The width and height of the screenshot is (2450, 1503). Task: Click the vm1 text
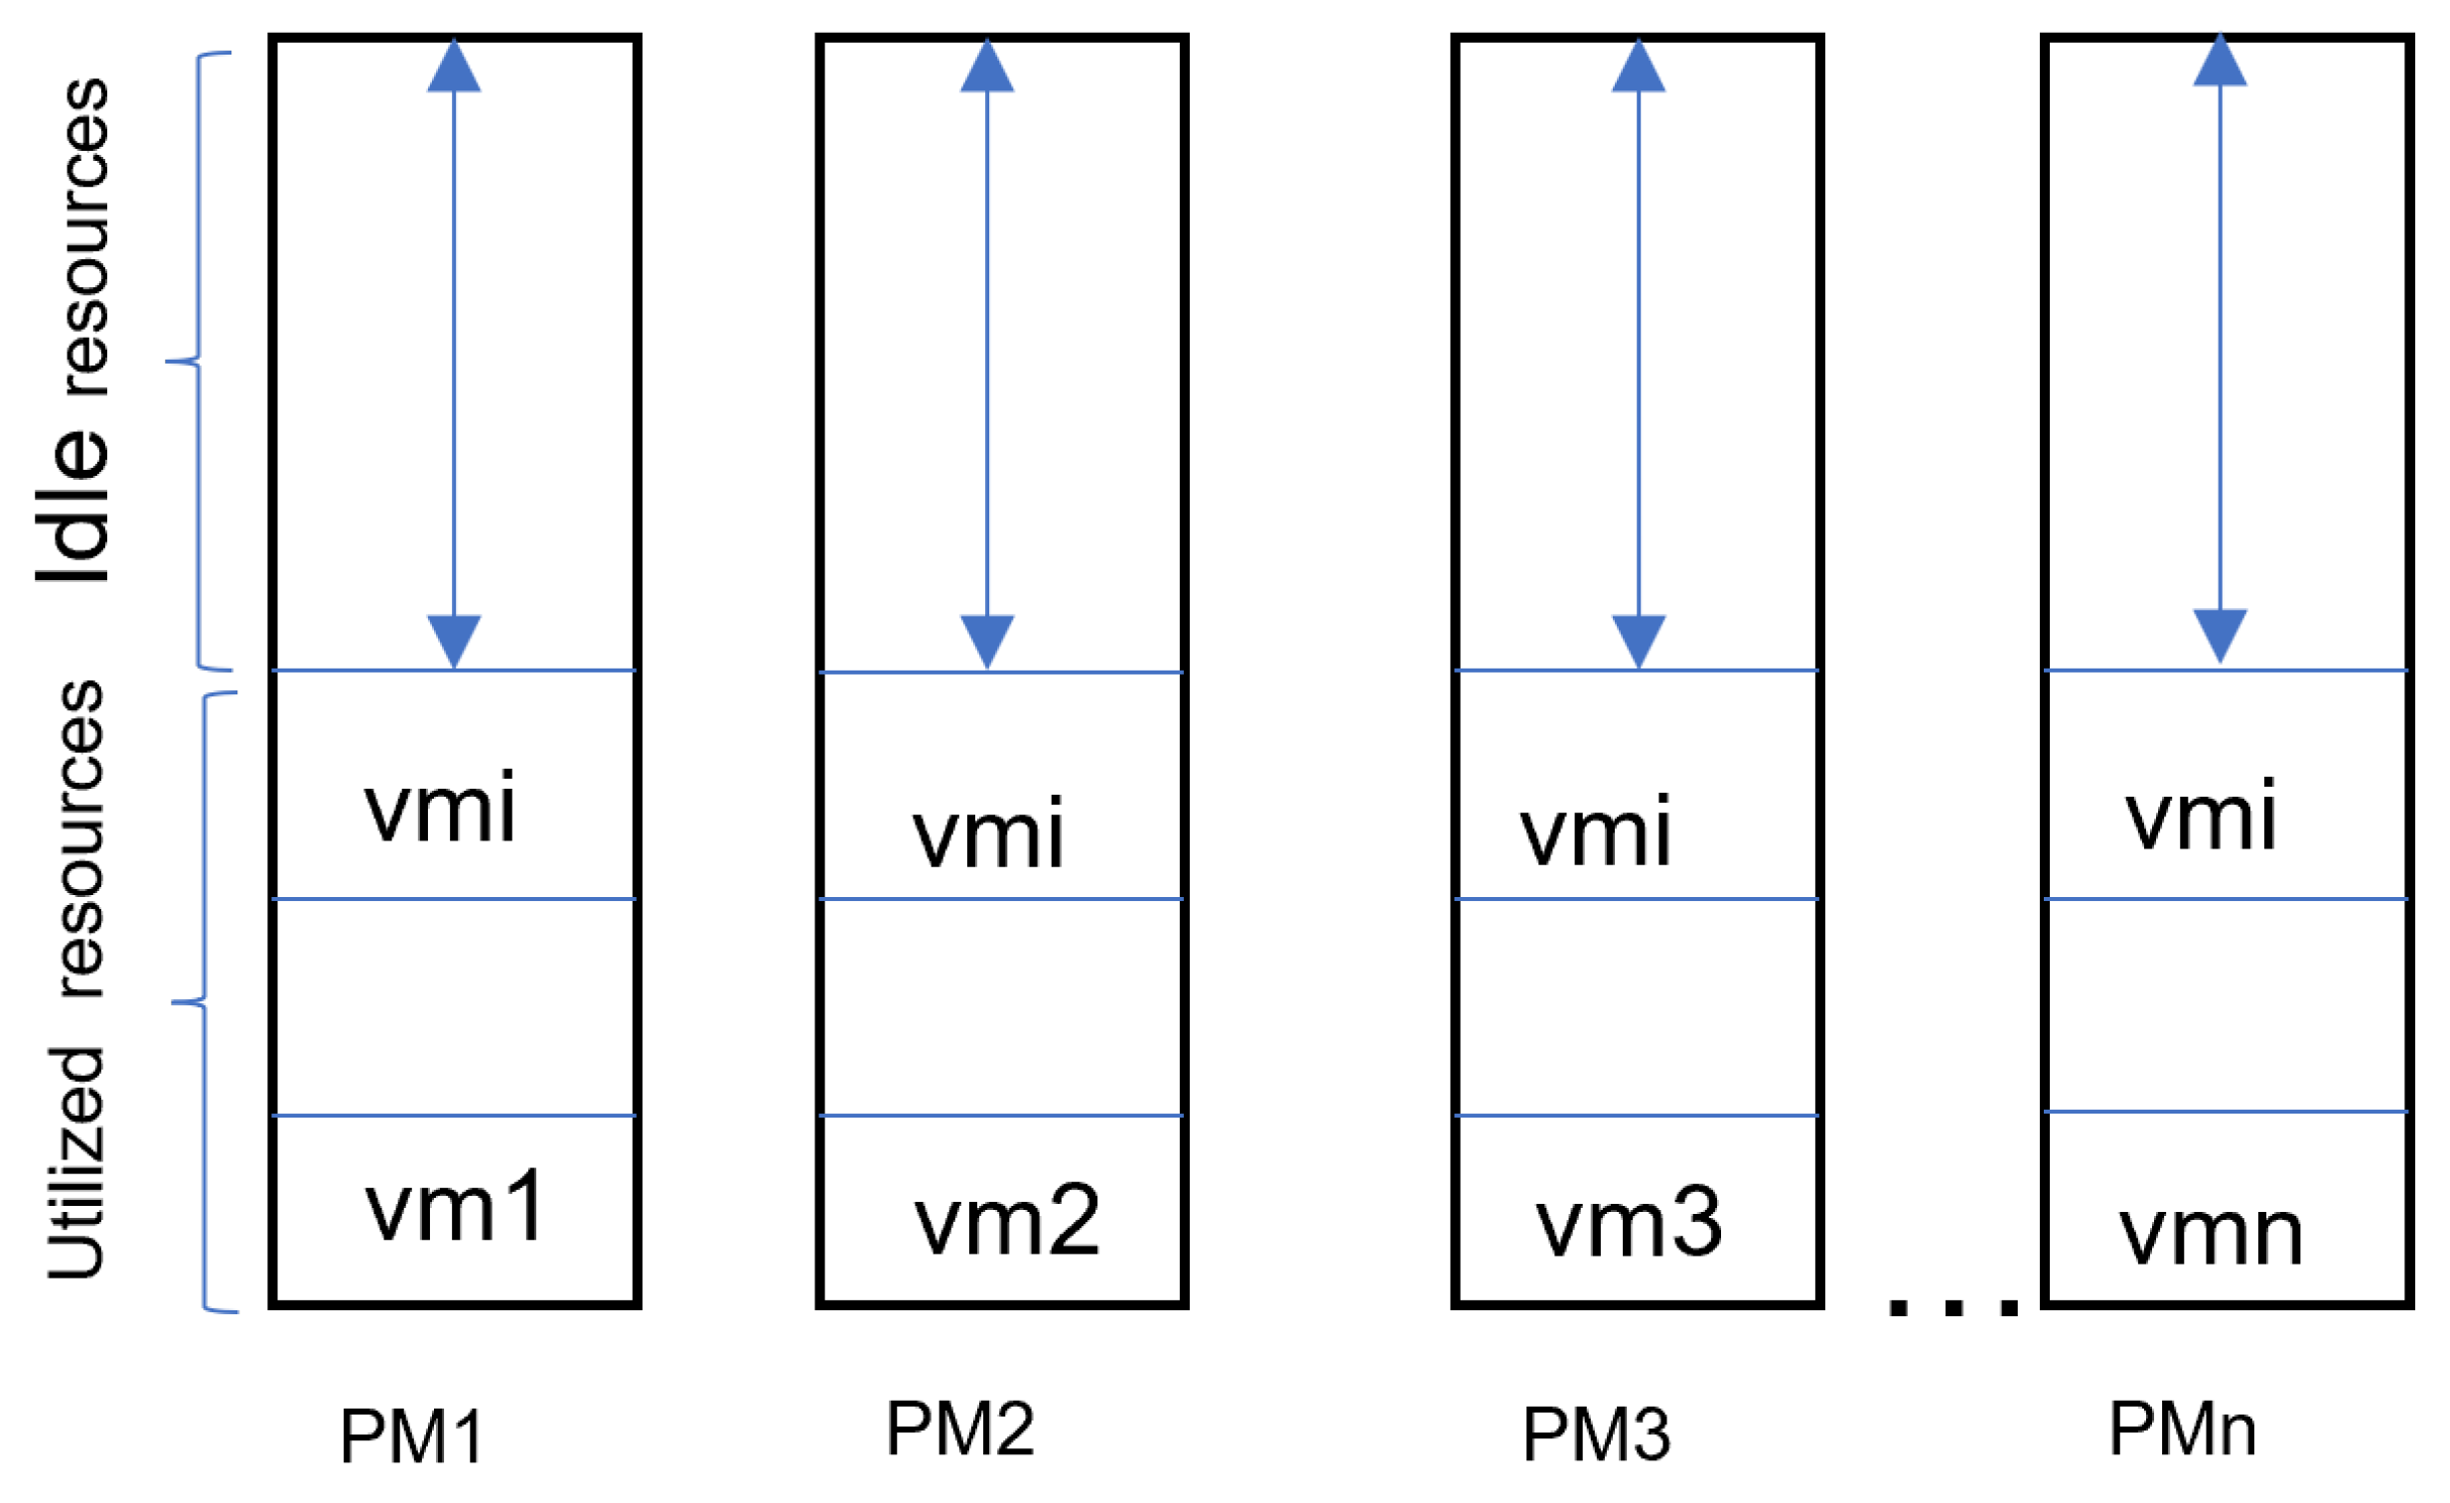[457, 1207]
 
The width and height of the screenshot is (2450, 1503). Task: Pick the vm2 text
[1006, 1222]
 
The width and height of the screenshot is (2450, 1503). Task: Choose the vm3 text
[1629, 1222]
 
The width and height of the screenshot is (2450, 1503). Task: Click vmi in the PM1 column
[440, 808]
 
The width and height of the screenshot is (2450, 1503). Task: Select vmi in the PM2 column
[988, 833]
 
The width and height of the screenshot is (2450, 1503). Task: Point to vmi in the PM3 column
[1596, 832]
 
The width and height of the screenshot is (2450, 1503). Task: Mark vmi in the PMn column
[2202, 816]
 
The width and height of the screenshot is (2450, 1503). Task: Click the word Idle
[72, 506]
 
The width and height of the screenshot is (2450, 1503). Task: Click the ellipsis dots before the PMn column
[1954, 1306]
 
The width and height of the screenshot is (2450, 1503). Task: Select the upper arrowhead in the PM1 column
[455, 68]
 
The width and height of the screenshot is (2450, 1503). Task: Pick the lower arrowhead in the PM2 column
[987, 640]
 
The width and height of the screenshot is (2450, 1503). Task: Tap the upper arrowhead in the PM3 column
[1639, 68]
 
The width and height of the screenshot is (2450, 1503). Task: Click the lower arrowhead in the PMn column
[2221, 635]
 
